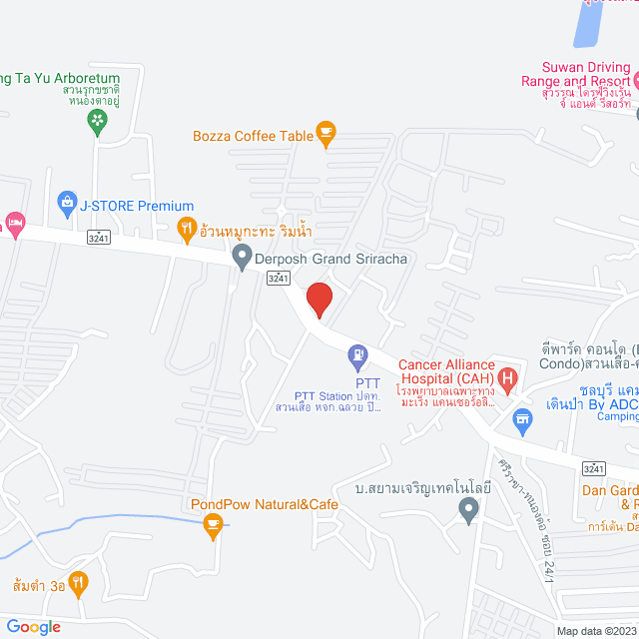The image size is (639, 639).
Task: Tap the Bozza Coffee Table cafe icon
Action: (x=324, y=131)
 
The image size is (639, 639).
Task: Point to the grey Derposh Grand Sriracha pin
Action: (x=241, y=259)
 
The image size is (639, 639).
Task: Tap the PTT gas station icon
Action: (x=357, y=354)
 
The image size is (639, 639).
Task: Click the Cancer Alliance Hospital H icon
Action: (x=507, y=378)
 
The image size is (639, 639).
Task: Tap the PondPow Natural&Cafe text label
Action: (x=265, y=504)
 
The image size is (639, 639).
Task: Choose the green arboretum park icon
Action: (x=97, y=122)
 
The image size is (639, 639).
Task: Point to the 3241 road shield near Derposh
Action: (x=280, y=281)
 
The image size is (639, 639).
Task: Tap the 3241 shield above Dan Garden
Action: (x=594, y=467)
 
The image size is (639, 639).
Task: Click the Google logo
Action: (x=32, y=626)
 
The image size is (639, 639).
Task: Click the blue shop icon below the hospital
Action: (x=521, y=421)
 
